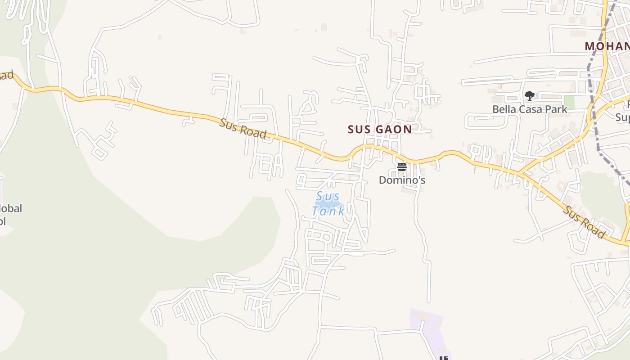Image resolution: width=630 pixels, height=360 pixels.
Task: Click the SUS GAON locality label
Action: [x=379, y=130]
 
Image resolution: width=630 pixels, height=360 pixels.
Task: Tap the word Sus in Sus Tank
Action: [x=328, y=197]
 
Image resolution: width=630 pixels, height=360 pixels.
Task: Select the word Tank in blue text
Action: [x=328, y=211]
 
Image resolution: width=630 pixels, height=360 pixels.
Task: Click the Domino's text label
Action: [x=402, y=180]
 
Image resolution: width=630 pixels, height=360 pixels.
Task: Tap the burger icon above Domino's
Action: [x=402, y=167]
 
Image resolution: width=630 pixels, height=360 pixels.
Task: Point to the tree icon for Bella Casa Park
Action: [x=530, y=95]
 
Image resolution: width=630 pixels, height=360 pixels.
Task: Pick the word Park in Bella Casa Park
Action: [x=556, y=109]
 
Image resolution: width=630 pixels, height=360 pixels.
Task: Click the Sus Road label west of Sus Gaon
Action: [x=243, y=129]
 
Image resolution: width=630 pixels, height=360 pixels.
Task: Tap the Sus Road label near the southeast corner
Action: [x=585, y=222]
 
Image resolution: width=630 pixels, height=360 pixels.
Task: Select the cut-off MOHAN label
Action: [x=607, y=46]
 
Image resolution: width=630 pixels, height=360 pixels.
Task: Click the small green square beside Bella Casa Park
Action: [x=569, y=102]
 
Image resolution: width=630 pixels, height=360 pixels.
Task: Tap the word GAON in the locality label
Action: [x=394, y=130]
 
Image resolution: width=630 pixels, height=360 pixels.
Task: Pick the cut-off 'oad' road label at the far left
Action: [x=6, y=75]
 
